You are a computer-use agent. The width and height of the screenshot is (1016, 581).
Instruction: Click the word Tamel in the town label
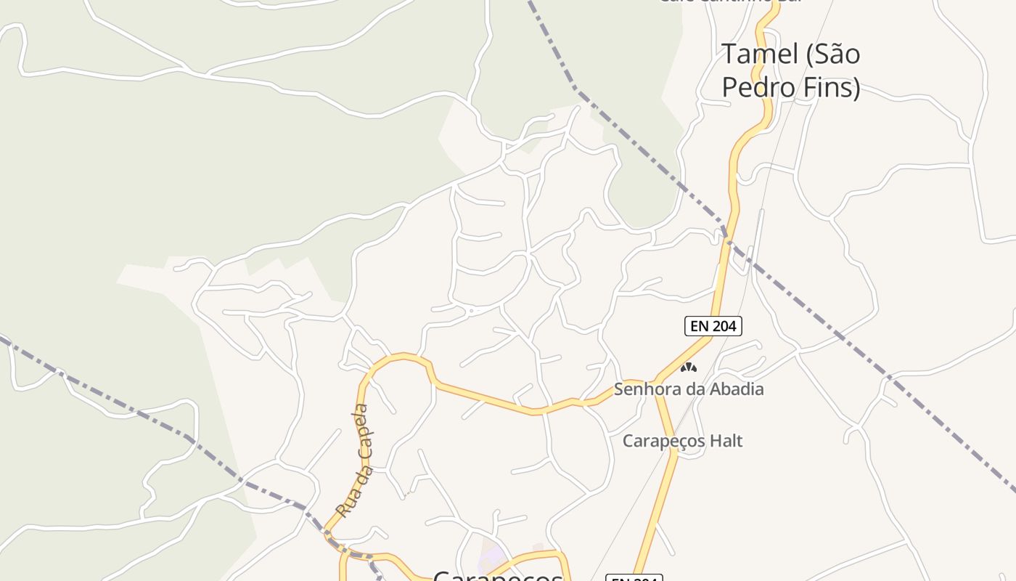[755, 54]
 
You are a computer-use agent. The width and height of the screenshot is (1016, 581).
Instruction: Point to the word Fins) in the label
[835, 87]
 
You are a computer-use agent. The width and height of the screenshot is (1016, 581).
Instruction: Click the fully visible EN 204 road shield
[713, 326]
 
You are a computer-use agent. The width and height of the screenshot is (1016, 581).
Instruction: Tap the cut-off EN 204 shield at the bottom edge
[634, 578]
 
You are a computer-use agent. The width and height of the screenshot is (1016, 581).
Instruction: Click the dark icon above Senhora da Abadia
[688, 368]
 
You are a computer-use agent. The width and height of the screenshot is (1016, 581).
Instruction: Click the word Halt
[726, 441]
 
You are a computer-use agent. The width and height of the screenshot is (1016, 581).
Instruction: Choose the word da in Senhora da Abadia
[692, 389]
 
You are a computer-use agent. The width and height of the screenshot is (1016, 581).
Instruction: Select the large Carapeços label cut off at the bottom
[498, 575]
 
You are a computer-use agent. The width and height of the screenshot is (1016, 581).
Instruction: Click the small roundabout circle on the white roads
[471, 311]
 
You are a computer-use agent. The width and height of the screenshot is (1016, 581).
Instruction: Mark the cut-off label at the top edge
[729, 2]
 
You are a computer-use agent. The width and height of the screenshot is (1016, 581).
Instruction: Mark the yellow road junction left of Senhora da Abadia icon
[657, 381]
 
